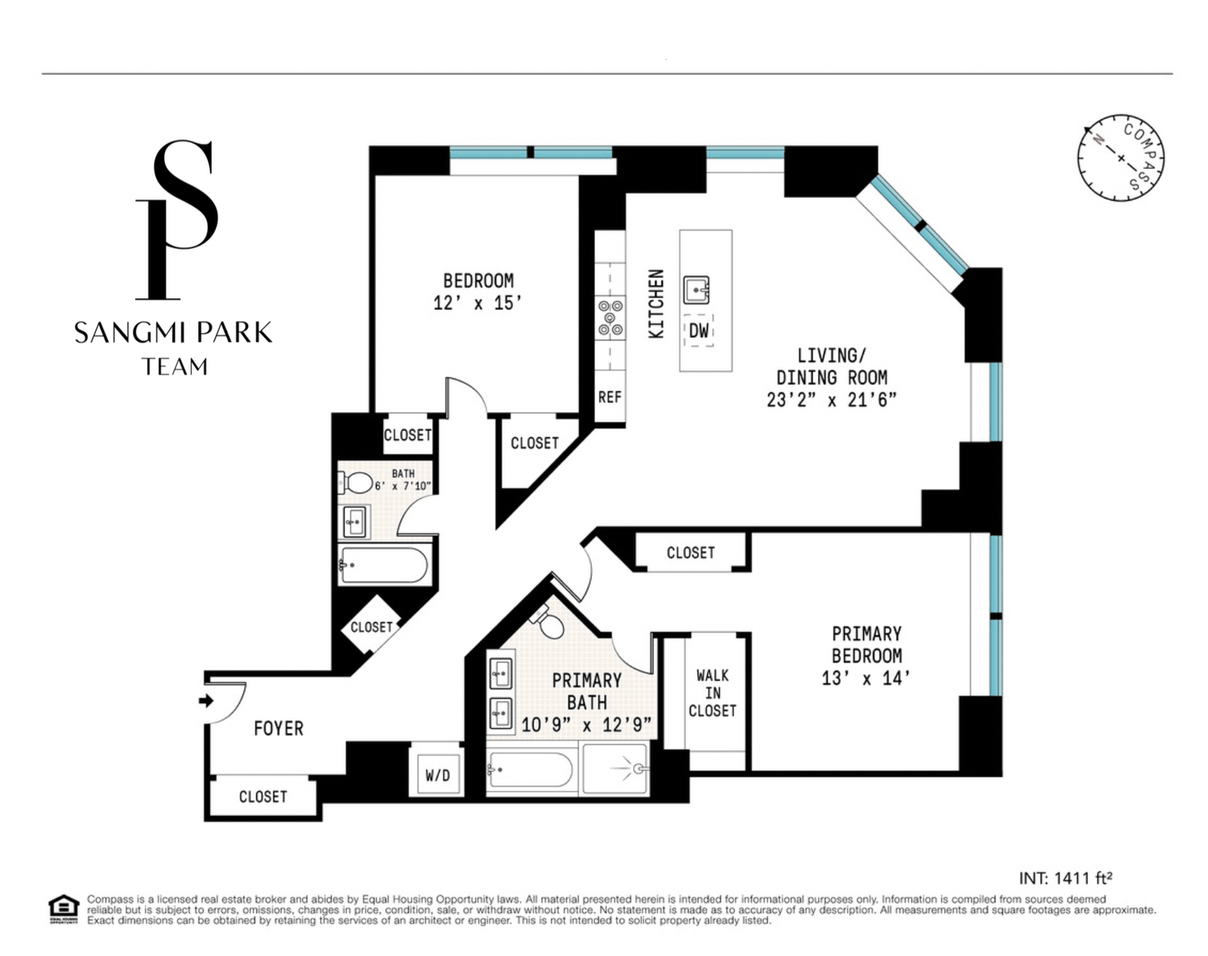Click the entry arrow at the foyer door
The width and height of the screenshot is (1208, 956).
tap(206, 700)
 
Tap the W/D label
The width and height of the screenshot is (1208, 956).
tap(437, 776)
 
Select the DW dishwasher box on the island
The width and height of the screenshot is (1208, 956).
tap(698, 331)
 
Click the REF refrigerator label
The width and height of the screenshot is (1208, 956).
tap(610, 397)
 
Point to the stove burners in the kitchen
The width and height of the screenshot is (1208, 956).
tap(610, 318)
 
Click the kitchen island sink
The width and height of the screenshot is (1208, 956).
tap(696, 290)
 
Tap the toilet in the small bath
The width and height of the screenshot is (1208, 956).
tap(355, 482)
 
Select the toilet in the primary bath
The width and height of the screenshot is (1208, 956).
tap(547, 621)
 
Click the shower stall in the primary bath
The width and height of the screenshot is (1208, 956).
tap(616, 769)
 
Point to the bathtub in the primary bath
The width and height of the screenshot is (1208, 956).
tap(530, 770)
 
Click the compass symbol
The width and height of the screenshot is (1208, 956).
tap(1120, 158)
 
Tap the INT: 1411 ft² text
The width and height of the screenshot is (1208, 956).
tap(1065, 878)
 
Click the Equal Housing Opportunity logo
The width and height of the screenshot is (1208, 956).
tap(64, 908)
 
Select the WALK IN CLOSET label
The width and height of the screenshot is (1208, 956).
tap(713, 692)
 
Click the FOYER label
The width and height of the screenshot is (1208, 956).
tap(279, 728)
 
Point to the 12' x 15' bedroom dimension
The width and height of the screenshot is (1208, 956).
tap(478, 304)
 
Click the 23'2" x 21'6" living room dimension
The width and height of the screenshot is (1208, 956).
tap(831, 399)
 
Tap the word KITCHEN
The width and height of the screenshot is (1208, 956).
tap(656, 304)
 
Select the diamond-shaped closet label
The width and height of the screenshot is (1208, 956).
tap(371, 627)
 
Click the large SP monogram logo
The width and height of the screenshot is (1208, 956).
tap(178, 219)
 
